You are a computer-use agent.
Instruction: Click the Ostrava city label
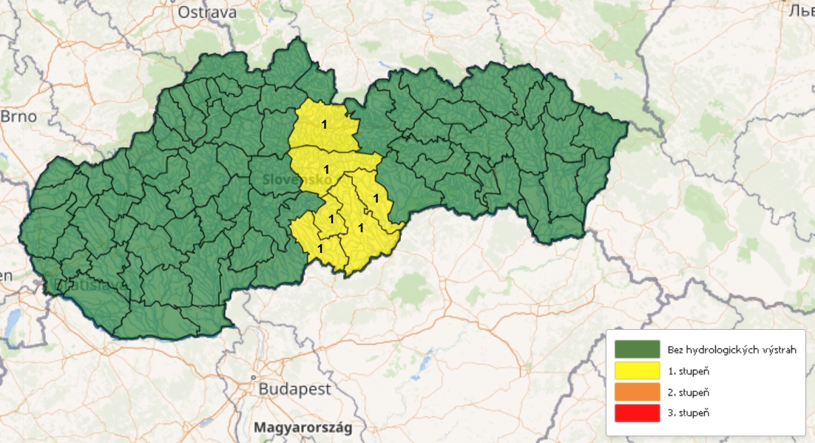point(206,13)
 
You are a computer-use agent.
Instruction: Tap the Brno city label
point(18,117)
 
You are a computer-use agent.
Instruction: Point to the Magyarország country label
point(302,427)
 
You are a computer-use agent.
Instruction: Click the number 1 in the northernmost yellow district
point(324,124)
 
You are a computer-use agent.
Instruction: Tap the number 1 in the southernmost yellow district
point(320,248)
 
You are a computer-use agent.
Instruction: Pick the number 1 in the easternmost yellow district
point(376,198)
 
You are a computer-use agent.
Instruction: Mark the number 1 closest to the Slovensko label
point(326,169)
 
